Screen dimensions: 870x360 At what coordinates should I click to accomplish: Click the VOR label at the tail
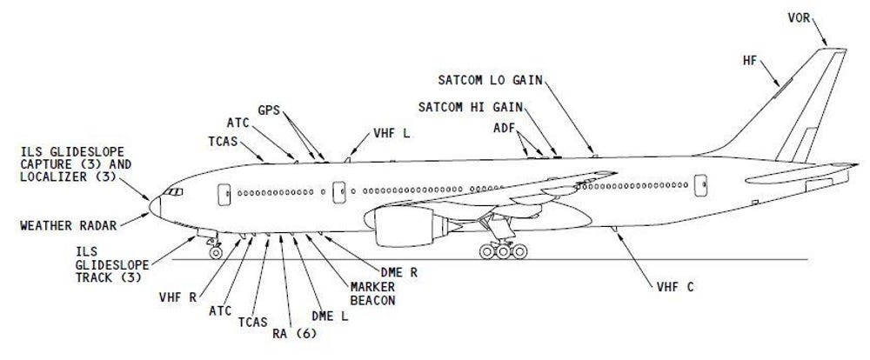click(799, 17)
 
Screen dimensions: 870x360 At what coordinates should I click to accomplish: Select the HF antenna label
click(750, 61)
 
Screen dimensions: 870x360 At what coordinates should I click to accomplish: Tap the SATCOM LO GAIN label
click(490, 80)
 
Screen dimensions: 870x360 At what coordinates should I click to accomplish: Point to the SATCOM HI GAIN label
click(471, 107)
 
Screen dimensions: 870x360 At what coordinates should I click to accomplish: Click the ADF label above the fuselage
click(504, 129)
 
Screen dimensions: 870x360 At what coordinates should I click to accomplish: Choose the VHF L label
click(391, 134)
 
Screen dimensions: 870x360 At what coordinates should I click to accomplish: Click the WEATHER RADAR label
click(69, 226)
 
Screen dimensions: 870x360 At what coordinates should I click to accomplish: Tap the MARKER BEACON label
click(373, 294)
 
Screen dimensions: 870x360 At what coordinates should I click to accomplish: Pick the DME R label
click(399, 273)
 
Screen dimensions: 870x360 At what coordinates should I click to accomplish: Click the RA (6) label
click(294, 334)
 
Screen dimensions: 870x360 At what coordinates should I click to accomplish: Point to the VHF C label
click(675, 287)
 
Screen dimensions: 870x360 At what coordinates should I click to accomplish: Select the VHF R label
click(177, 298)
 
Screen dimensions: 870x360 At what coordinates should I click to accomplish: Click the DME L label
click(330, 317)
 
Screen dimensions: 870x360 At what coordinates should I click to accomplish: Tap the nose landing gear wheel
click(215, 253)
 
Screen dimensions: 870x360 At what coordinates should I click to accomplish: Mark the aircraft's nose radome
click(155, 207)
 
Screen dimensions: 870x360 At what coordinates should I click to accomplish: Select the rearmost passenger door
click(700, 185)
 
